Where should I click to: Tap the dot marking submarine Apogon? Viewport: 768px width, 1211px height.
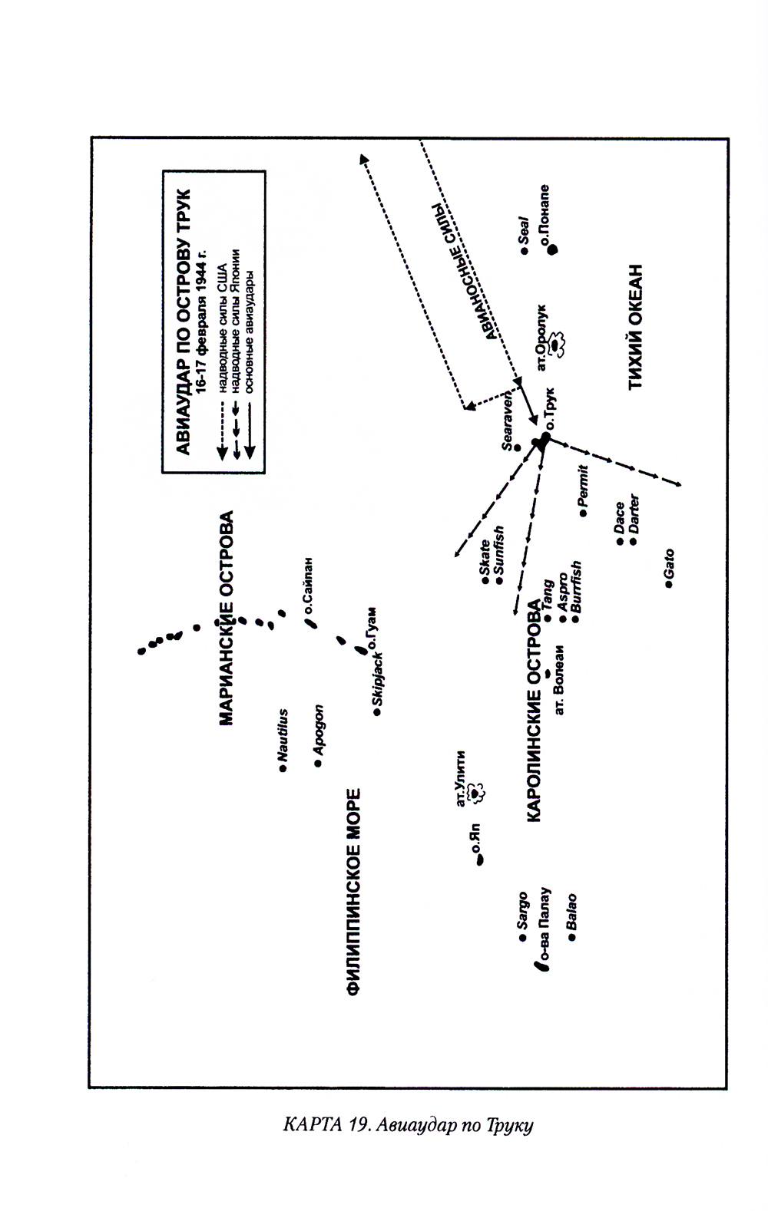coord(316,764)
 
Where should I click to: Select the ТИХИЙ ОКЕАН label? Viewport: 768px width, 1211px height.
coord(635,328)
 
